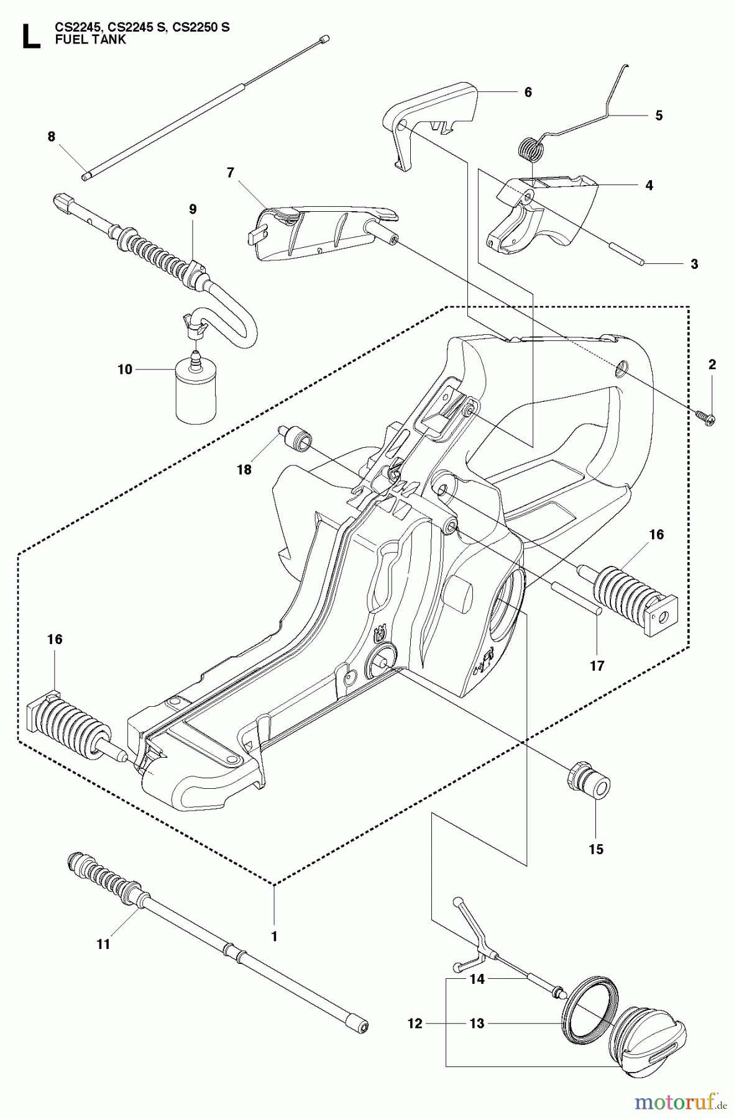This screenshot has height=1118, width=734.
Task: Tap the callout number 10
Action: (x=125, y=370)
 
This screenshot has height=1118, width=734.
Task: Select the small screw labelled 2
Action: (x=707, y=419)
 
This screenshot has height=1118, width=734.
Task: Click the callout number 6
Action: (x=528, y=92)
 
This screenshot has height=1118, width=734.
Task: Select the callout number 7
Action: (x=231, y=173)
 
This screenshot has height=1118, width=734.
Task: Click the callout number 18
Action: (x=244, y=470)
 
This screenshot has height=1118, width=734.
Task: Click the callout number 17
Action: (x=597, y=666)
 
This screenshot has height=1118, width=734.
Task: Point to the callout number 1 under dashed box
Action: (x=274, y=935)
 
